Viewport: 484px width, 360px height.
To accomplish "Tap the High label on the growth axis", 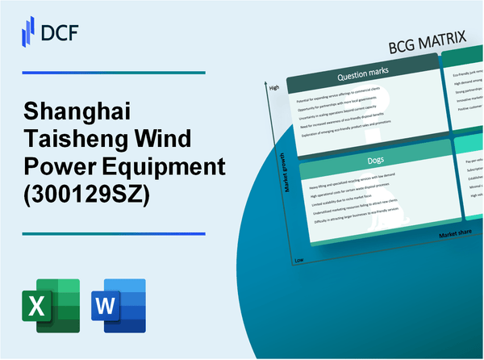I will pos(273,87).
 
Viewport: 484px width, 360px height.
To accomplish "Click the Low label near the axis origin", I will pos(298,262).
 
